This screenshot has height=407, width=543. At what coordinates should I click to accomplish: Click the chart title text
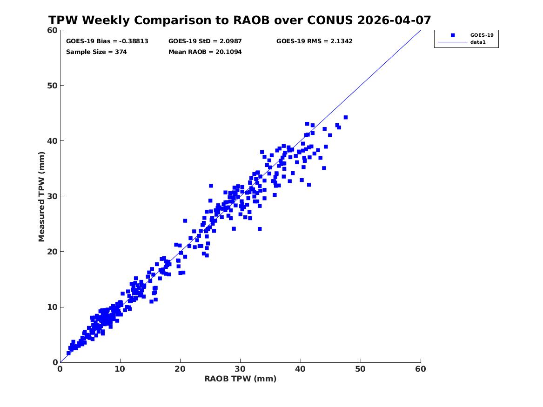click(240, 20)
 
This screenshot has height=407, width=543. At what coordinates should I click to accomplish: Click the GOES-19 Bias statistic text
click(107, 41)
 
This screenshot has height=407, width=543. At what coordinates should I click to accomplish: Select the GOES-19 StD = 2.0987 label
click(205, 41)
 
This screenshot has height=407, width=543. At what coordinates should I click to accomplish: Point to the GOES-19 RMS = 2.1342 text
click(315, 41)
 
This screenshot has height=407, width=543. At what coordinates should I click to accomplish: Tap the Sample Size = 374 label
click(96, 52)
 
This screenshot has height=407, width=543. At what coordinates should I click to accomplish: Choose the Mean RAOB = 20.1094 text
click(205, 52)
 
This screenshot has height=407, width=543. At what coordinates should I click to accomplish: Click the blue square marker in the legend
click(453, 35)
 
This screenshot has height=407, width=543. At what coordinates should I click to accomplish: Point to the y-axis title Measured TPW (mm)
click(41, 197)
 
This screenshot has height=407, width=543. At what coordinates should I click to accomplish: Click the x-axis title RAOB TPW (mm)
click(241, 379)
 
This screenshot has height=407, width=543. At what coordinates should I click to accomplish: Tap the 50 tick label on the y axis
click(52, 86)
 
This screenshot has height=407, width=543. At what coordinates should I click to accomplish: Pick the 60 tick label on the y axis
click(52, 30)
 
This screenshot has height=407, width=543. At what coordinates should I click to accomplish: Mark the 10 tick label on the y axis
click(52, 307)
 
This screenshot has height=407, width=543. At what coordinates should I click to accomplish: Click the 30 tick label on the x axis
click(241, 369)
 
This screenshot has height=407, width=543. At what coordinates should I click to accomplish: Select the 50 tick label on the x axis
click(361, 369)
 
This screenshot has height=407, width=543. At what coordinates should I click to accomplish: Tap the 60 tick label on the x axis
click(421, 369)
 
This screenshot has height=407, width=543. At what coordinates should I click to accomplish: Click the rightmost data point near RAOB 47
click(346, 117)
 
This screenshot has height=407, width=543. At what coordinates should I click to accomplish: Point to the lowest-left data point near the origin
click(68, 353)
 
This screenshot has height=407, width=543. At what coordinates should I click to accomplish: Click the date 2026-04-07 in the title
click(394, 20)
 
